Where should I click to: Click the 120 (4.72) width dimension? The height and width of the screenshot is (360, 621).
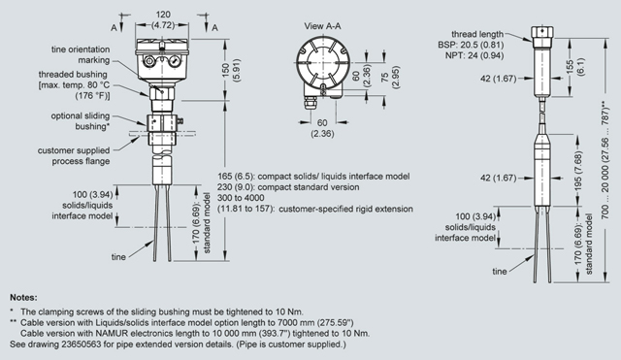click(x=163, y=19)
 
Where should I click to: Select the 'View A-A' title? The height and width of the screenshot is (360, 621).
click(x=322, y=26)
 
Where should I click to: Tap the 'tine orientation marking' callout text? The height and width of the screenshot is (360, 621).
click(x=81, y=54)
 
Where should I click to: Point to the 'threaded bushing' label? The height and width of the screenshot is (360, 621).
click(x=73, y=75)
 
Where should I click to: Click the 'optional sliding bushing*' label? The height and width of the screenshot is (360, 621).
click(x=81, y=121)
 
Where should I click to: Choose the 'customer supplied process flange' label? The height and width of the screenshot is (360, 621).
click(x=74, y=155)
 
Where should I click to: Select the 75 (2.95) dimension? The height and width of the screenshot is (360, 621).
click(x=390, y=77)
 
